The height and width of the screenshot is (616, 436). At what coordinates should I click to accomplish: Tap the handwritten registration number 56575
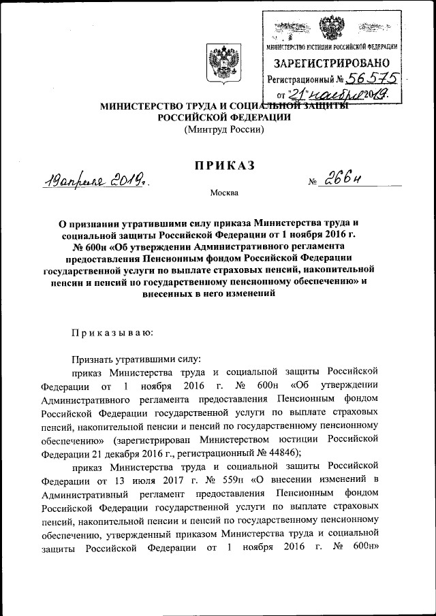click(x=372, y=80)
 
